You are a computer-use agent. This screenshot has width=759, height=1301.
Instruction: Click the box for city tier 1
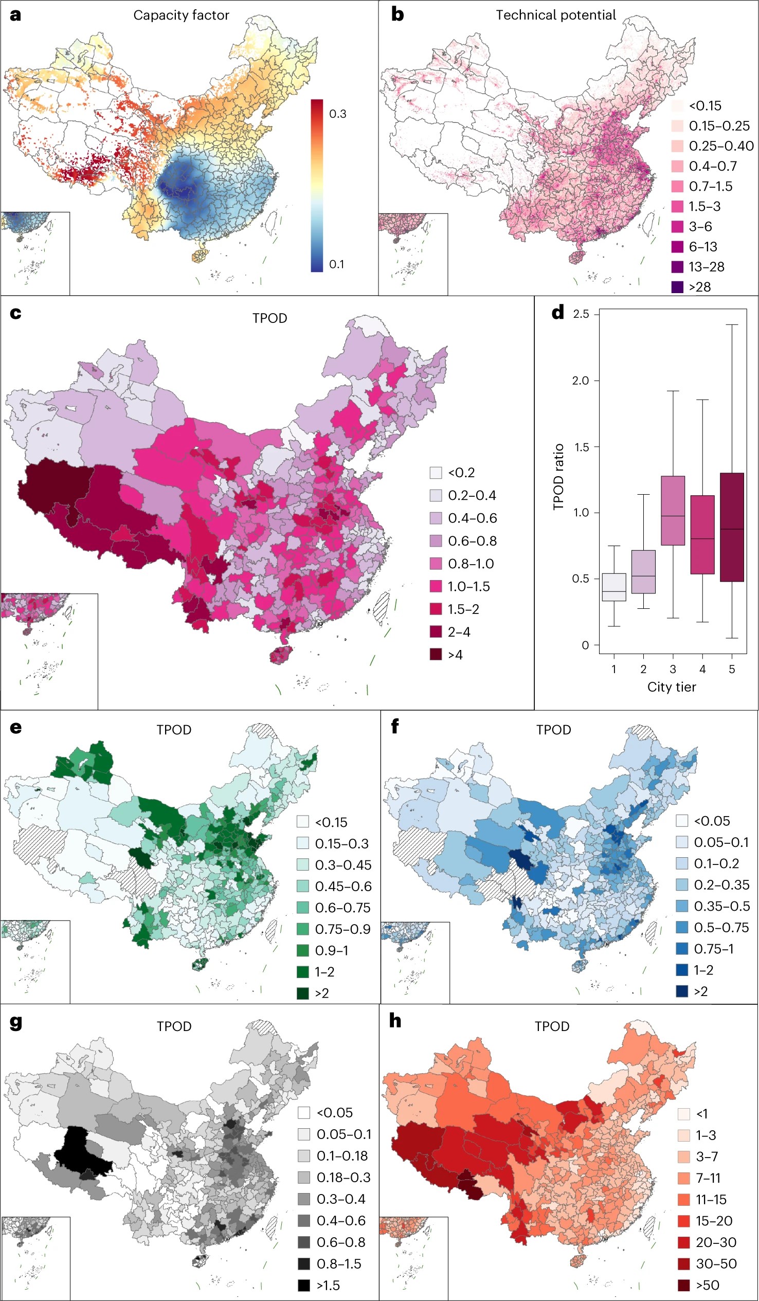click(x=614, y=587)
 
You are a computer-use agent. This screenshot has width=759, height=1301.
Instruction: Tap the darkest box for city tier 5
click(x=732, y=527)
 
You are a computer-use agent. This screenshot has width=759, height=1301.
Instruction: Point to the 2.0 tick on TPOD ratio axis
click(x=581, y=381)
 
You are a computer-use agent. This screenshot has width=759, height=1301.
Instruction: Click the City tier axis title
click(x=671, y=687)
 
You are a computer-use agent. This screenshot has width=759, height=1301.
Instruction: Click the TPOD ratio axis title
click(x=558, y=477)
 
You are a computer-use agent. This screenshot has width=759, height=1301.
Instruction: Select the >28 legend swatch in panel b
click(x=677, y=287)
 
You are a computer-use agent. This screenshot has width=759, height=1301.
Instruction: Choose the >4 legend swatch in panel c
click(x=436, y=655)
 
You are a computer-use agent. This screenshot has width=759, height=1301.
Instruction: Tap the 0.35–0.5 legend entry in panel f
click(x=721, y=906)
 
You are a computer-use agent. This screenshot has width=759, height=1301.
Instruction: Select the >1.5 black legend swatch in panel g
click(x=303, y=1285)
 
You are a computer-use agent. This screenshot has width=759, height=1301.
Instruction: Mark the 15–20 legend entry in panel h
click(x=714, y=1221)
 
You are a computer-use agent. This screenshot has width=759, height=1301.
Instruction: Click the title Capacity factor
click(x=181, y=15)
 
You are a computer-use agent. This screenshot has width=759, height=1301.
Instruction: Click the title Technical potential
click(x=555, y=15)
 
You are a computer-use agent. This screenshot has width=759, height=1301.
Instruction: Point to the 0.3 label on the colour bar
click(x=338, y=114)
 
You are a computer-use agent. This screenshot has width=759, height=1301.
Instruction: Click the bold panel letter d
click(x=557, y=313)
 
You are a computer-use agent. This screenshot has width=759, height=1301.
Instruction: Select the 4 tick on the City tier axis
click(x=702, y=669)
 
